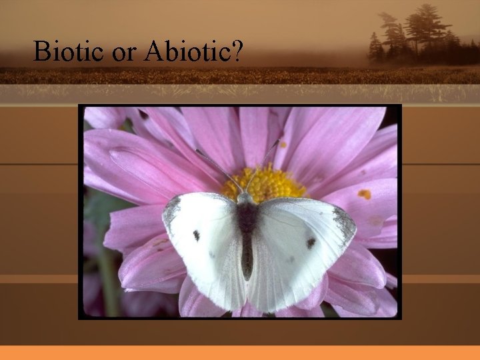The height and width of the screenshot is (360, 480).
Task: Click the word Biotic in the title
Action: (69, 51)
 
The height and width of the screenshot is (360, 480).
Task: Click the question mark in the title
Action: (236, 51)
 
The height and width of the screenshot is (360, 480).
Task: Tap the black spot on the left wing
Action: (197, 235)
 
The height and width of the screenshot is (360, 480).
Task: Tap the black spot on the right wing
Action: (311, 243)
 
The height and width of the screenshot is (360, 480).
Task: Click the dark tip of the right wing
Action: (345, 223)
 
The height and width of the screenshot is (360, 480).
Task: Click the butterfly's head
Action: (245, 198)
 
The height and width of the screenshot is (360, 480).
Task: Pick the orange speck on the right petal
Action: (364, 194)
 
